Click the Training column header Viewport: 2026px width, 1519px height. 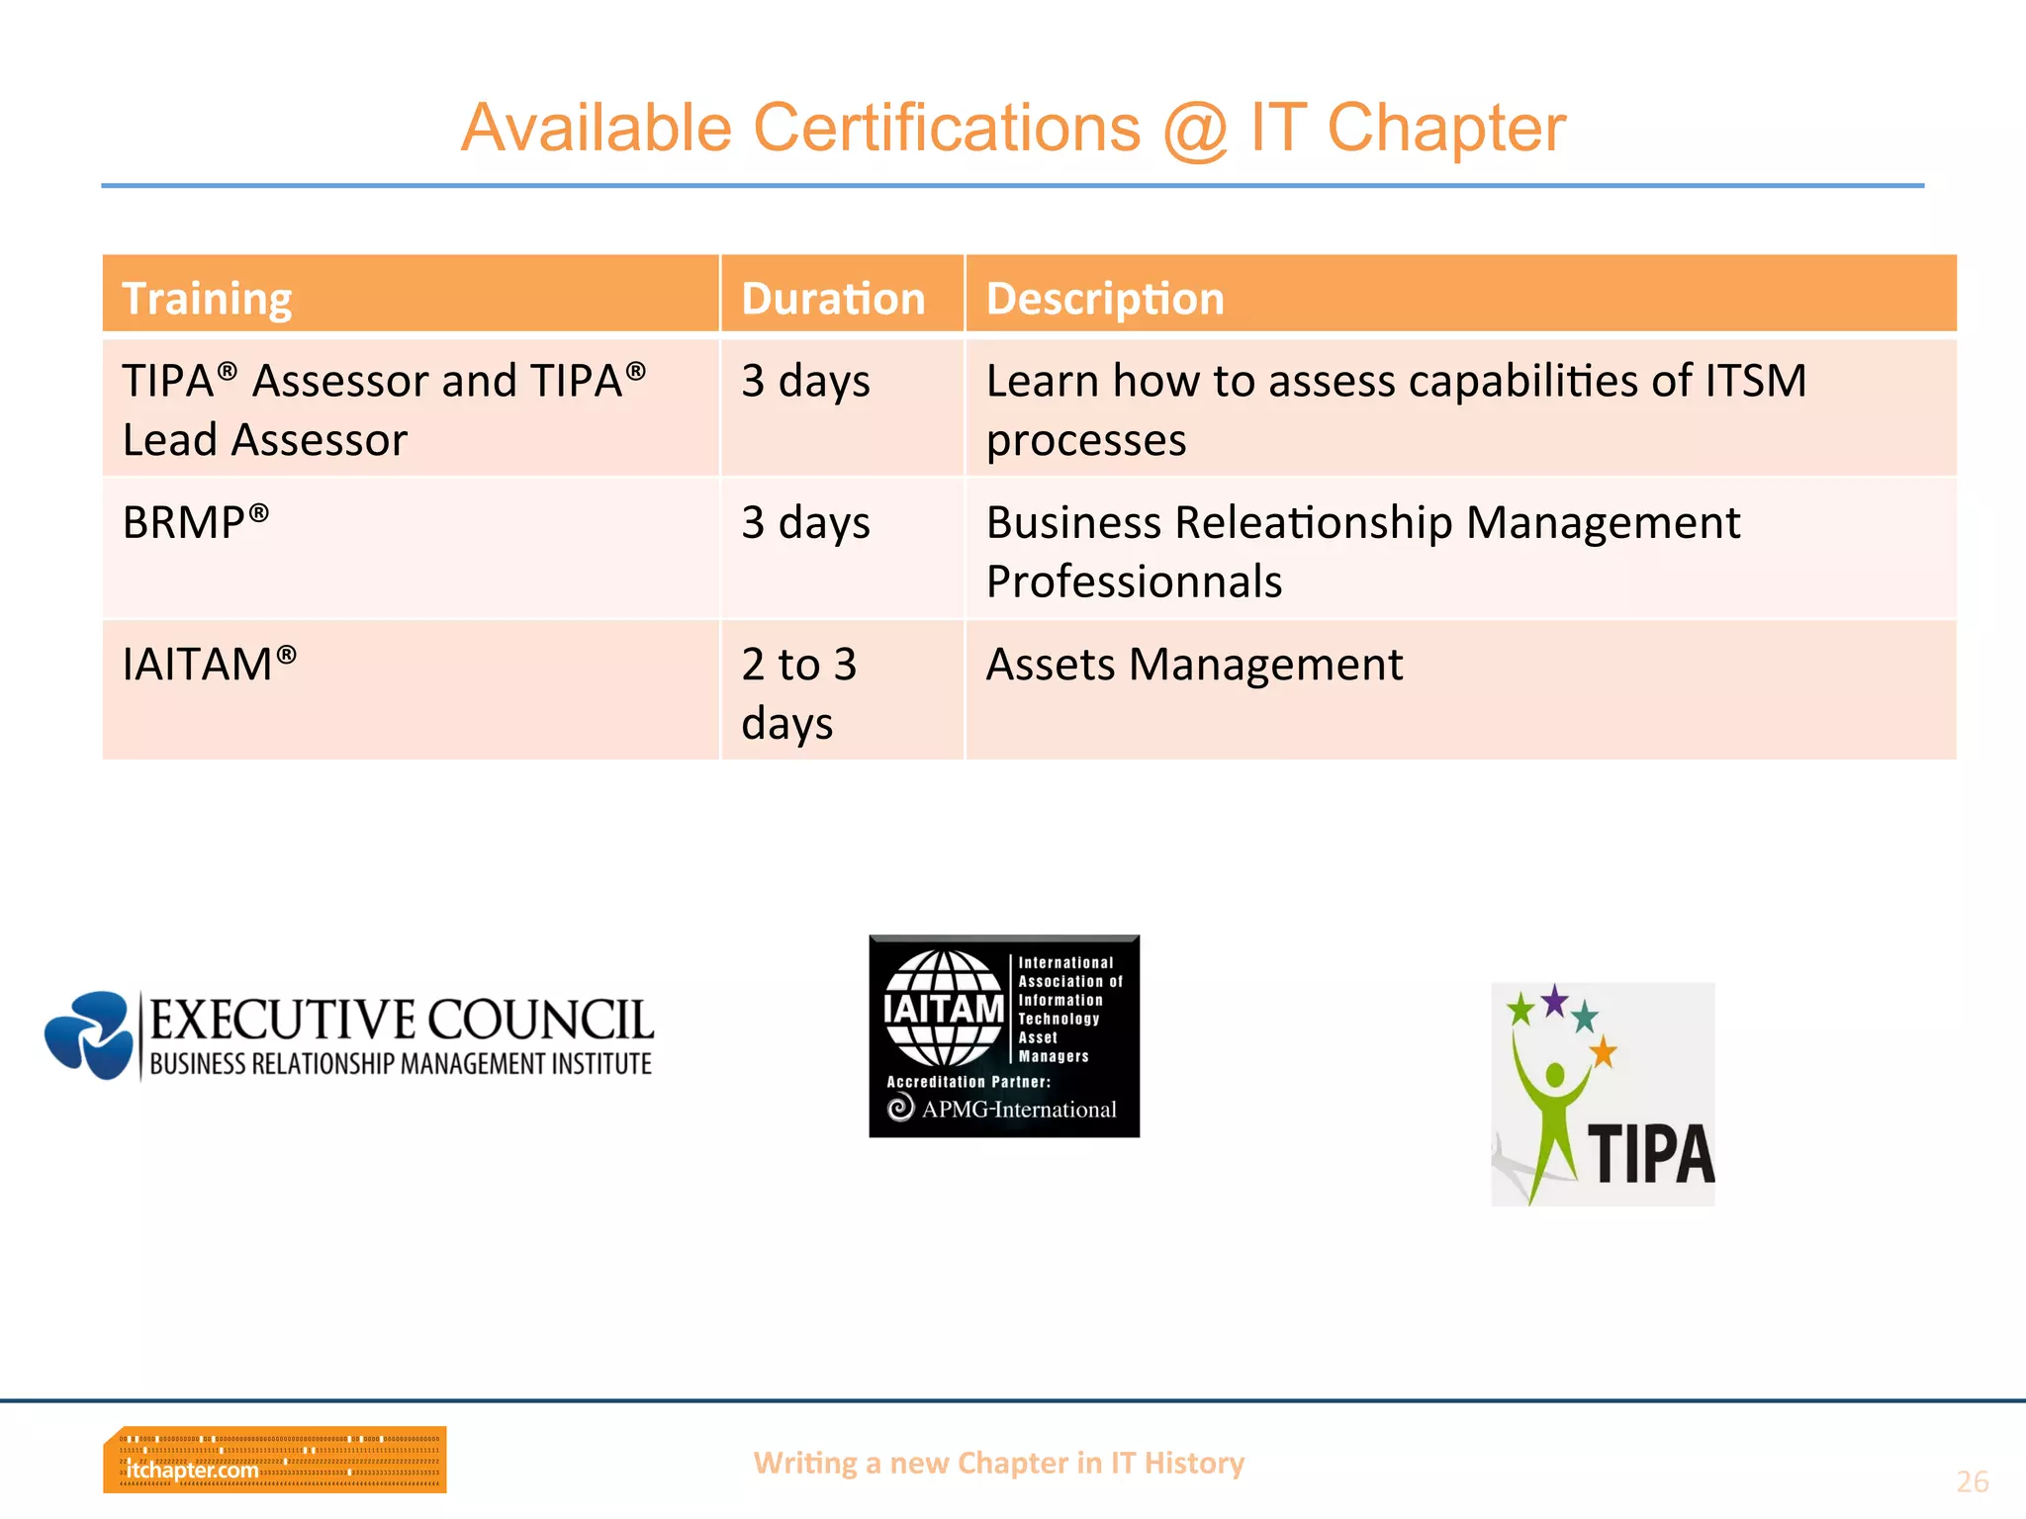coord(207,298)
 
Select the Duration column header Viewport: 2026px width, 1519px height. coord(833,298)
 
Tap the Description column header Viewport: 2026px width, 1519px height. coord(1105,298)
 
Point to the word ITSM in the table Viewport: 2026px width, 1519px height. coord(1755,381)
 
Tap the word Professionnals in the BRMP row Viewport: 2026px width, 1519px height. coord(1134,581)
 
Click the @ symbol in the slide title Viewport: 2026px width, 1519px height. coord(1196,129)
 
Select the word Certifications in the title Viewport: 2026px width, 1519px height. coord(947,129)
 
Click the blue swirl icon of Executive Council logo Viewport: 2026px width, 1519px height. coord(90,1034)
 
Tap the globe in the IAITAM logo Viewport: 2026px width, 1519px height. coord(944,1008)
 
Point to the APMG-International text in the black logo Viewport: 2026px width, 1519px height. coord(1019,1110)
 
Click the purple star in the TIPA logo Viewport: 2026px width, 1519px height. coord(1555,1001)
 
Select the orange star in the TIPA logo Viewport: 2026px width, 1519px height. coord(1603,1052)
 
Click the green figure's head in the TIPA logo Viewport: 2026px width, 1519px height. coord(1556,1075)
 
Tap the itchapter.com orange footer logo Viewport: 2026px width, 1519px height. coord(274,1459)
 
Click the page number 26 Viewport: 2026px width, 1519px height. coord(1972,1481)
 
